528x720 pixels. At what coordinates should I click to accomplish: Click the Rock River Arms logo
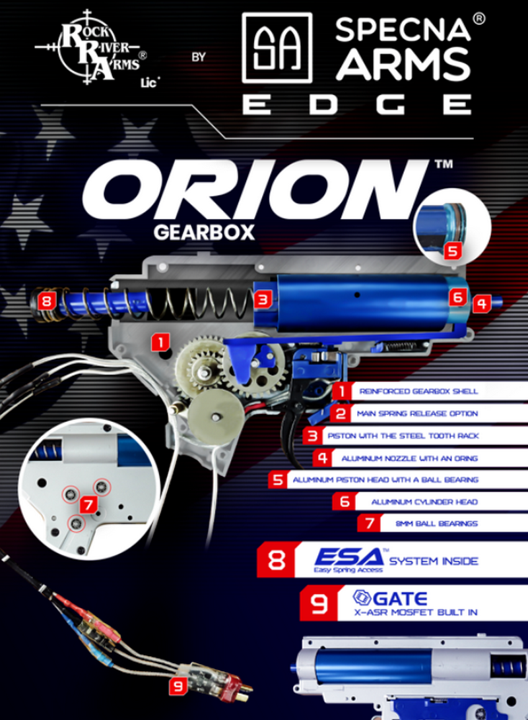(92, 47)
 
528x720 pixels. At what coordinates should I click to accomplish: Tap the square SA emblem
(277, 47)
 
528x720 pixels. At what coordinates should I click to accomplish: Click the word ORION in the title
(252, 190)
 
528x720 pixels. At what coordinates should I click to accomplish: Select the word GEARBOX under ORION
(204, 232)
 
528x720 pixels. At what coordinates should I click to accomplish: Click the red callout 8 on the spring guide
(47, 302)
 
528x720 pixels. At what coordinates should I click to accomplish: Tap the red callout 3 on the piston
(263, 300)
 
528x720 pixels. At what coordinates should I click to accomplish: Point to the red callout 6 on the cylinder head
(457, 297)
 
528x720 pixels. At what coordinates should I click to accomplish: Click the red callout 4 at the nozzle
(481, 303)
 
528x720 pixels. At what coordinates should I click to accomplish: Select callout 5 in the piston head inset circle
(453, 251)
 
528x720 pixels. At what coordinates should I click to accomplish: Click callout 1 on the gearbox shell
(160, 342)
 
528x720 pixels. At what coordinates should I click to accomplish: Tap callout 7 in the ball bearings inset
(88, 505)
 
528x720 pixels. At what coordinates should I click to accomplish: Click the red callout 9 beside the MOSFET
(178, 686)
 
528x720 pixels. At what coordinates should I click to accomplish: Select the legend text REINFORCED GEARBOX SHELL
(418, 391)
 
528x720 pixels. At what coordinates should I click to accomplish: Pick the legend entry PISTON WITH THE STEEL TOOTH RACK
(403, 435)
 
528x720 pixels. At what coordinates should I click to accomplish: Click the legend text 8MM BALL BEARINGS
(436, 524)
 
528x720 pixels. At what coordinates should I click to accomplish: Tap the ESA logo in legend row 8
(349, 560)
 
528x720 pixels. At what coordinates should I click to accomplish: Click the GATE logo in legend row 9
(390, 598)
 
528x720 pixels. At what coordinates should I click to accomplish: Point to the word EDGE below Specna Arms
(358, 104)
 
